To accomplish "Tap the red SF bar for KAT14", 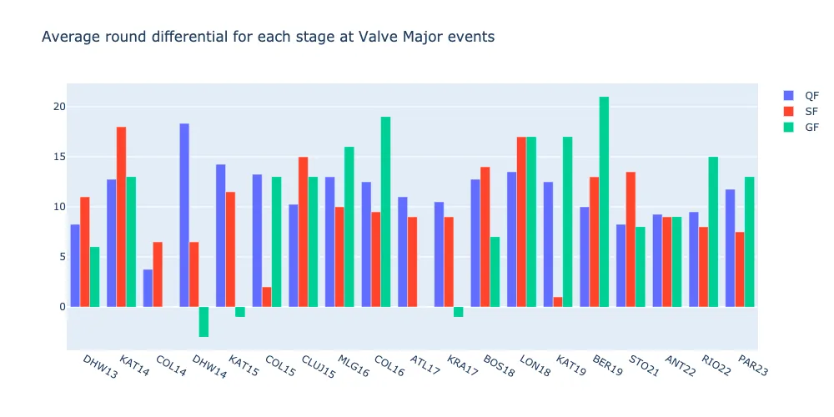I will pyautogui.click(x=121, y=217).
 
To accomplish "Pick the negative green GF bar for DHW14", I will pyautogui.click(x=203, y=322).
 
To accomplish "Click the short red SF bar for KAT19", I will pyautogui.click(x=558, y=302).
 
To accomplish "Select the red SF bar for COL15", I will pyautogui.click(x=267, y=297).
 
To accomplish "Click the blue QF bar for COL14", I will pyautogui.click(x=148, y=288).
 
